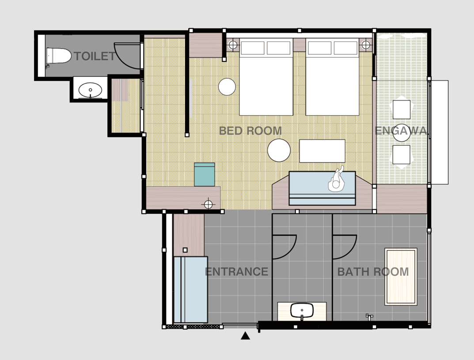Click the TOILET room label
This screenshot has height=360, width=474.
(95, 56)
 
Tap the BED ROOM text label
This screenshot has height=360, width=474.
(250, 131)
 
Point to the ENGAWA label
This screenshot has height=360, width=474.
(401, 131)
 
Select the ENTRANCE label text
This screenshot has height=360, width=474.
(237, 272)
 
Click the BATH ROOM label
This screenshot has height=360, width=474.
(373, 272)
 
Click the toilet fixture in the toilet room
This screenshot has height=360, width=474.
(58, 56)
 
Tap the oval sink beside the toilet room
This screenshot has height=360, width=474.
(90, 90)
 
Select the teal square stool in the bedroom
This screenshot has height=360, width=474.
(205, 174)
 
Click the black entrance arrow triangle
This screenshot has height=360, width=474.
(246, 336)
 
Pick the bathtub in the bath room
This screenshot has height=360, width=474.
(401, 277)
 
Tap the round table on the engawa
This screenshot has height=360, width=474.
(402, 133)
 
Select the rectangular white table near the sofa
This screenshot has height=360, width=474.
(322, 151)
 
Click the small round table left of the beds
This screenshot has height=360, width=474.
(227, 87)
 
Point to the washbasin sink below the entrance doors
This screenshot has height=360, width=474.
(302, 311)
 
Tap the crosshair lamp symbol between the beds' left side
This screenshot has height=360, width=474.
(232, 45)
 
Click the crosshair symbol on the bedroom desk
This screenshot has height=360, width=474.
(208, 205)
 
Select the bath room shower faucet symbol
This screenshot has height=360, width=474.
(369, 316)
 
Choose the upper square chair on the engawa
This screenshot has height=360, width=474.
(402, 110)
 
